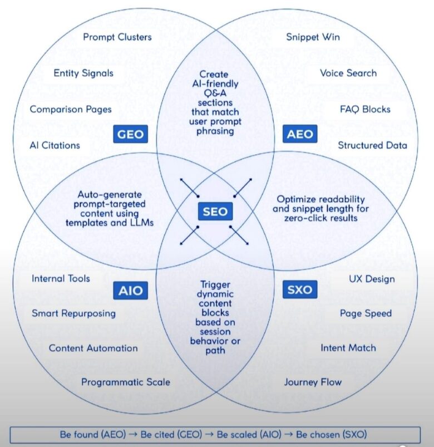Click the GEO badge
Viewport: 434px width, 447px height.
pos(130,134)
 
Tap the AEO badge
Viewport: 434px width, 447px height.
pos(300,134)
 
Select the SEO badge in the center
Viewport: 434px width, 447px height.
pos(215,212)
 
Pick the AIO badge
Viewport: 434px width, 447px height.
pos(130,290)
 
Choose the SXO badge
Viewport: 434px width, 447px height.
pos(300,290)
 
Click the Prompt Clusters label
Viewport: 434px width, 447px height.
pos(117,37)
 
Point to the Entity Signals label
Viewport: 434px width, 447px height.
pos(83,73)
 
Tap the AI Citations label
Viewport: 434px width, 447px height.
pos(55,145)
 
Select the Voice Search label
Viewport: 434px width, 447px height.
pos(348,73)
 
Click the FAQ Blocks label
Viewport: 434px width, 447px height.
pos(365,109)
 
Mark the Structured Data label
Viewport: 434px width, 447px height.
pos(372,145)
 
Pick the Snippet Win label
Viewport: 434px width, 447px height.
pos(313,37)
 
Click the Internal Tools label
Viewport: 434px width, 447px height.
pos(61,278)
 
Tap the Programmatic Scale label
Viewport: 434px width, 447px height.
pos(126,382)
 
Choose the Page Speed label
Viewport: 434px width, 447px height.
pos(366,313)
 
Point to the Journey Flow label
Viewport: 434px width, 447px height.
pos(313,382)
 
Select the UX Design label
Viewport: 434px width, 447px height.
pos(372,278)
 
